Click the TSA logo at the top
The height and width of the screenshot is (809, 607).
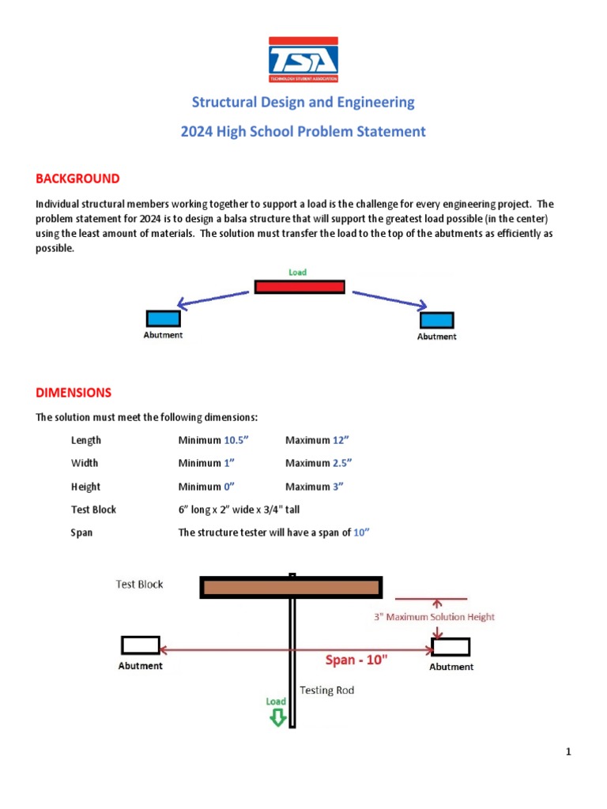(303, 60)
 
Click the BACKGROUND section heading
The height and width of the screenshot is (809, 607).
(77, 179)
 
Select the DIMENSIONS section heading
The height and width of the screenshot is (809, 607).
(74, 392)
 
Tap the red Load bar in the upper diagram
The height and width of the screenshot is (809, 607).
(300, 286)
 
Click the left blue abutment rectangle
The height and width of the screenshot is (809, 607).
(164, 318)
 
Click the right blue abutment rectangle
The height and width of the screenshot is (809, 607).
(436, 320)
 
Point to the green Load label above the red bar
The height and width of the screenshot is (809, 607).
(297, 272)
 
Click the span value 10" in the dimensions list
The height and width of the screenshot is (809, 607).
(362, 532)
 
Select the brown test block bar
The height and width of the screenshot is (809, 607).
(292, 587)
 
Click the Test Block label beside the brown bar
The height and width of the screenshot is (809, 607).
(140, 585)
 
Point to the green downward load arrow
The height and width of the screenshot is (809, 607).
(277, 717)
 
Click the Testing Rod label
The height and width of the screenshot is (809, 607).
(327, 690)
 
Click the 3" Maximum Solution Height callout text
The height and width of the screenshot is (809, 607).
(434, 617)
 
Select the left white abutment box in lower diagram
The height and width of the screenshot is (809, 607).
(141, 645)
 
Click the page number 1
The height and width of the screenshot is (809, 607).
(568, 751)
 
